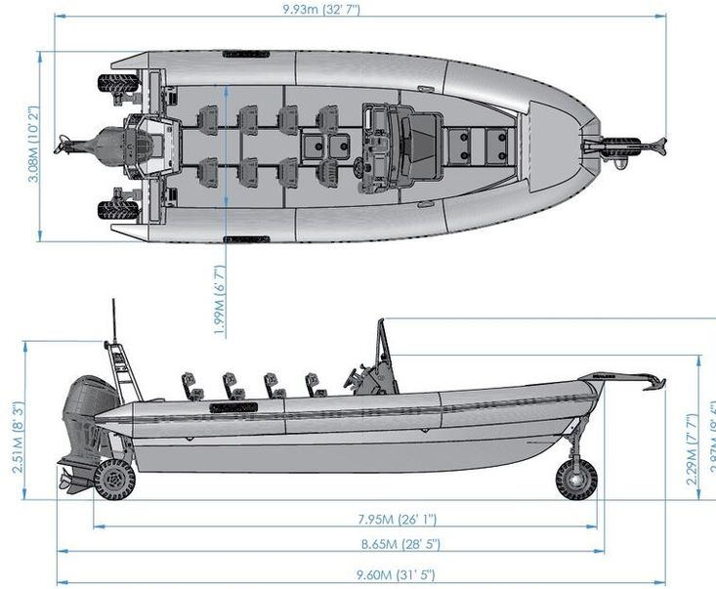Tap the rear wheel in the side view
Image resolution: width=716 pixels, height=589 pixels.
(x=116, y=480)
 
